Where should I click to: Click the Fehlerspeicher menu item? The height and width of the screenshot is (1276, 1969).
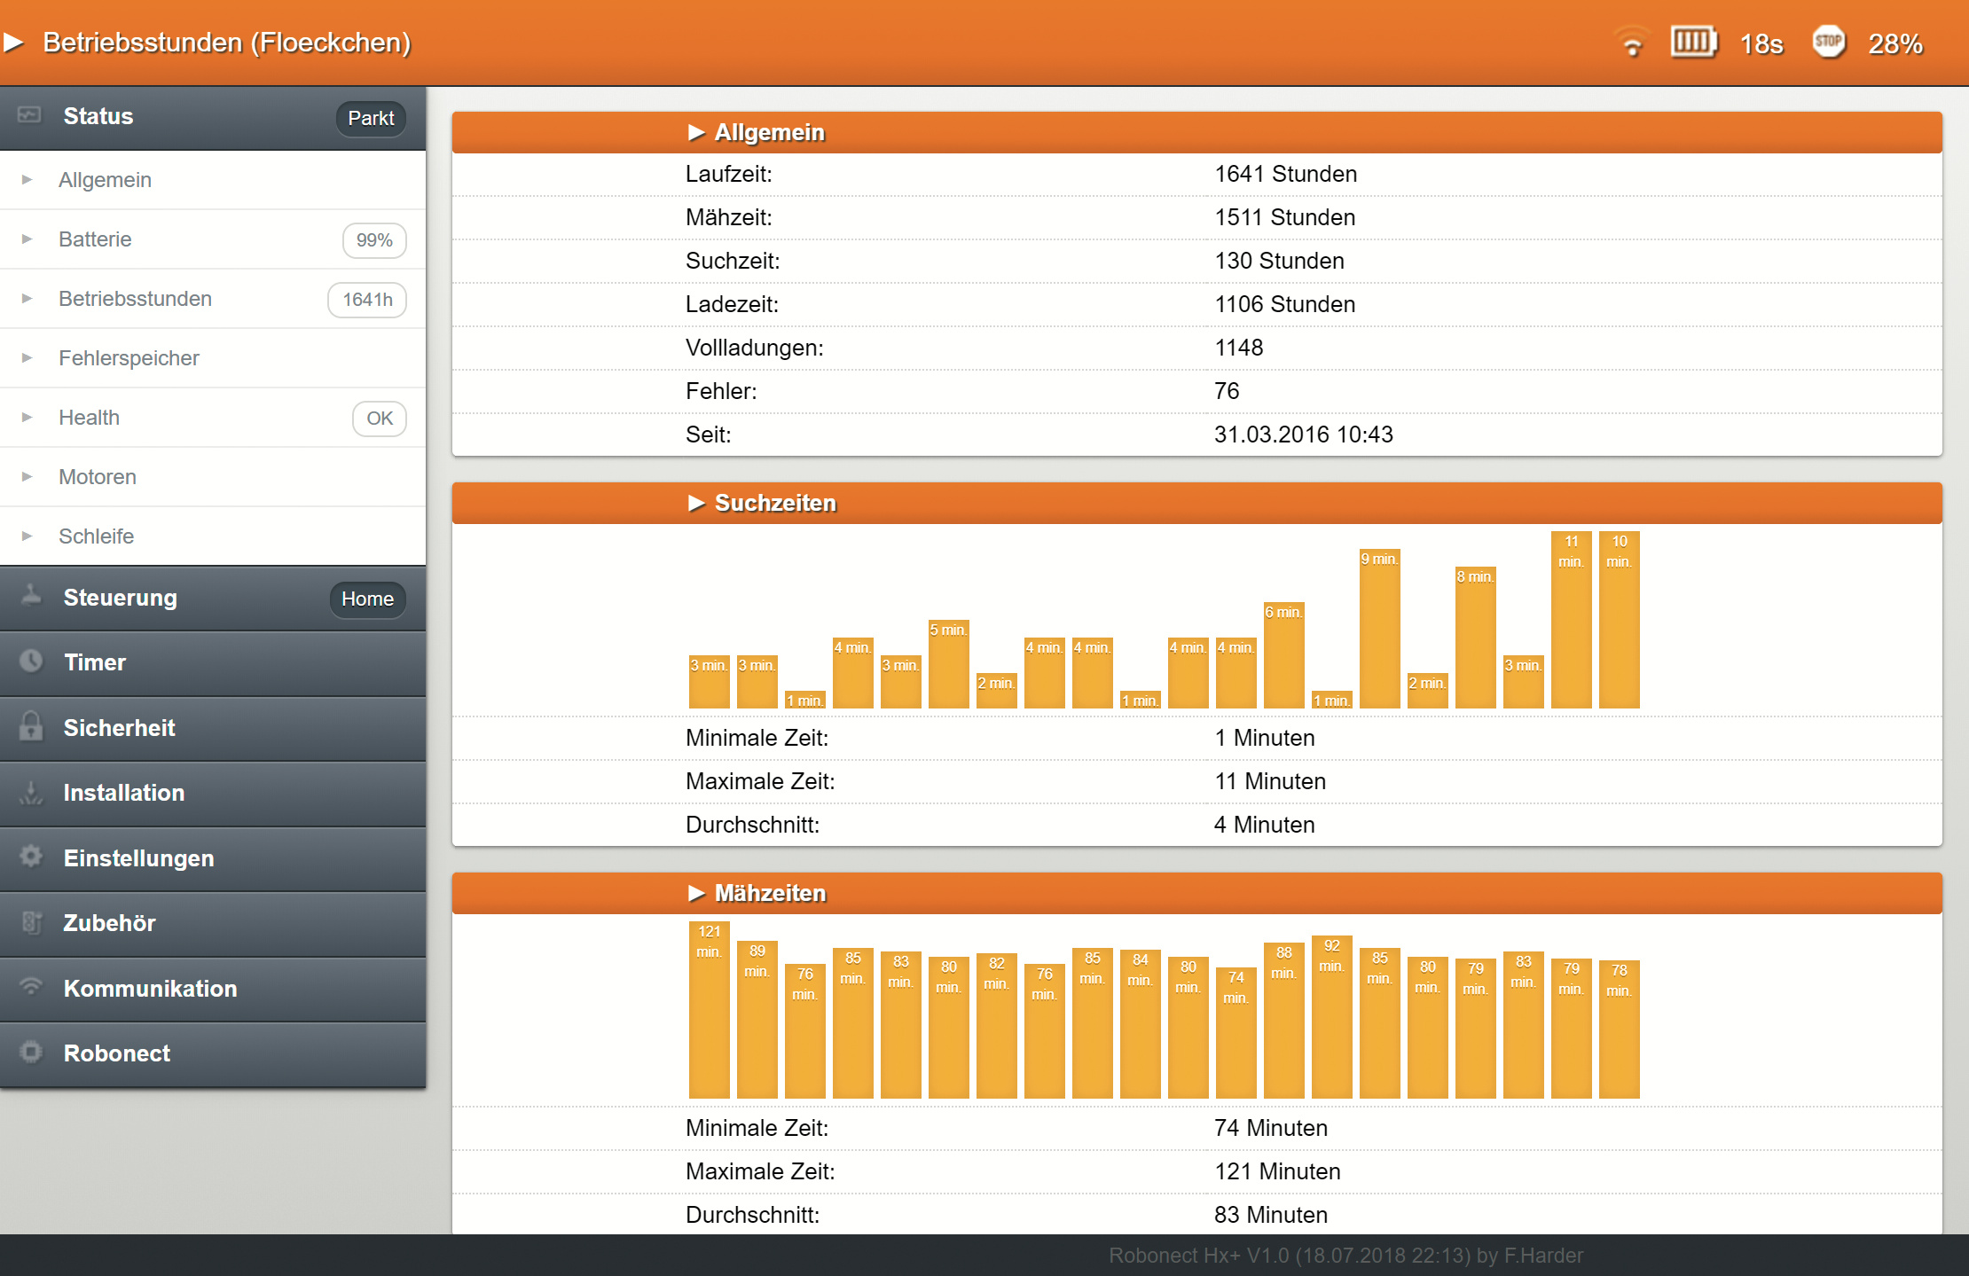tap(129, 358)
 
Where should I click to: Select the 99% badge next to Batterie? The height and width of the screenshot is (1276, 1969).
tap(373, 240)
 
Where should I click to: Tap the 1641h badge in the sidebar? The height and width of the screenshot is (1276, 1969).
tap(367, 300)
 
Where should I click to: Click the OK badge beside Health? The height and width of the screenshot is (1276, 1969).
tap(379, 419)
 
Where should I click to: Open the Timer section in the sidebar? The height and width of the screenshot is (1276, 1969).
tap(95, 662)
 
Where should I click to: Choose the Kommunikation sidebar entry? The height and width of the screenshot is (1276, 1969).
tap(150, 989)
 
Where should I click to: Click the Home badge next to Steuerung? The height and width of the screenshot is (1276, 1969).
tap(367, 599)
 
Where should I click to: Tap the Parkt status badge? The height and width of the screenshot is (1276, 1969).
tap(370, 119)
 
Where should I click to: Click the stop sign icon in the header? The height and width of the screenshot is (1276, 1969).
tap(1828, 42)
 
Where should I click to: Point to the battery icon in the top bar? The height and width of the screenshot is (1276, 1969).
tap(1693, 42)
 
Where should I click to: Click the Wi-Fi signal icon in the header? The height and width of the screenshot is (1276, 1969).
tap(1631, 43)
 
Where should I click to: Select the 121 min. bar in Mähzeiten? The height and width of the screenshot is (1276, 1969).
tap(709, 1011)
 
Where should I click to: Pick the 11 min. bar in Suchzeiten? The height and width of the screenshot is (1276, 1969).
tap(1571, 621)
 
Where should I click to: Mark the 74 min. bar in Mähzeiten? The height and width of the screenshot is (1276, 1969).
tap(1236, 1033)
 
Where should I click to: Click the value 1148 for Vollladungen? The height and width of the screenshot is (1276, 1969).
tap(1238, 348)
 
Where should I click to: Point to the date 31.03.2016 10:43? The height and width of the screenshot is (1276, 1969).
tap(1303, 434)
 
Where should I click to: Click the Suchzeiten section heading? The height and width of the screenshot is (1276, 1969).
tap(774, 503)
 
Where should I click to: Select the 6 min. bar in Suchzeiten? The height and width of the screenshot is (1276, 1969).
tap(1283, 656)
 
